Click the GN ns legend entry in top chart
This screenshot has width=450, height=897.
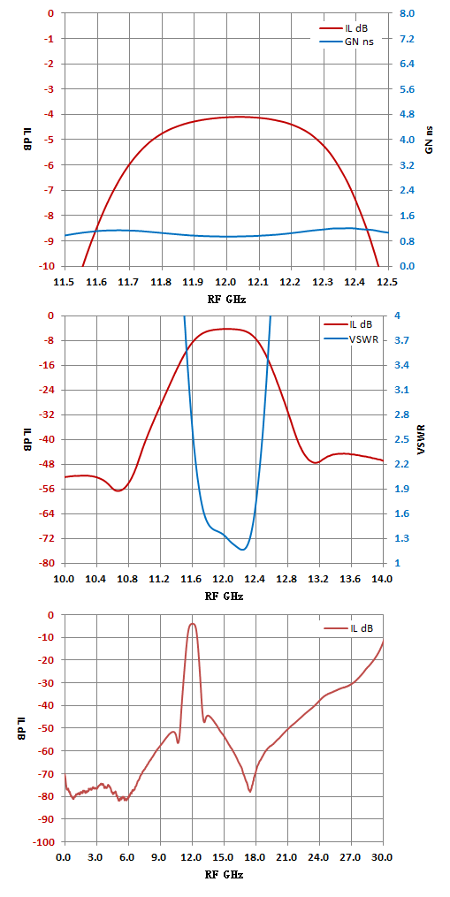(346, 42)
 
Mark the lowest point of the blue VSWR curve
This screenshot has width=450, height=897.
(243, 550)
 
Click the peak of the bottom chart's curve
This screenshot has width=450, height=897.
(193, 624)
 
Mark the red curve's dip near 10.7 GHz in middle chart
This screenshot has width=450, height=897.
(118, 490)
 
